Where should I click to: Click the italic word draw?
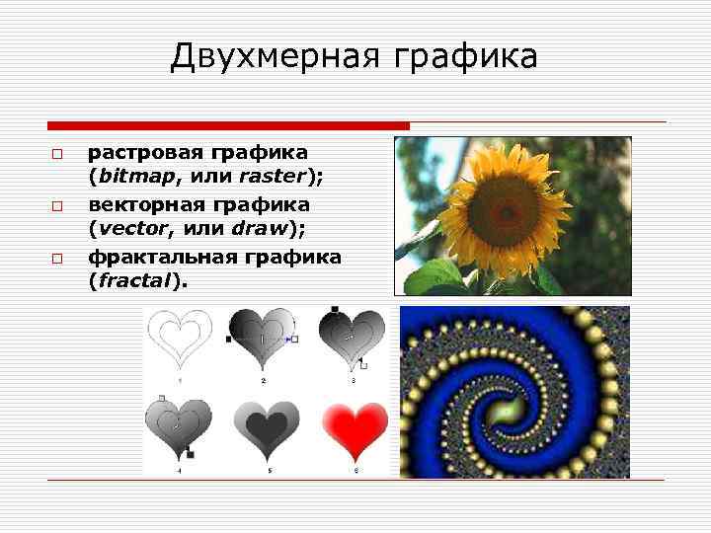click(259, 229)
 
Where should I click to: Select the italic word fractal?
click(137, 281)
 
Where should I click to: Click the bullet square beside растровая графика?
click(57, 156)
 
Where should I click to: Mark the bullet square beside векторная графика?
click(57, 207)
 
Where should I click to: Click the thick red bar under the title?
click(228, 125)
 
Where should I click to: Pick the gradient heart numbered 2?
click(263, 338)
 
